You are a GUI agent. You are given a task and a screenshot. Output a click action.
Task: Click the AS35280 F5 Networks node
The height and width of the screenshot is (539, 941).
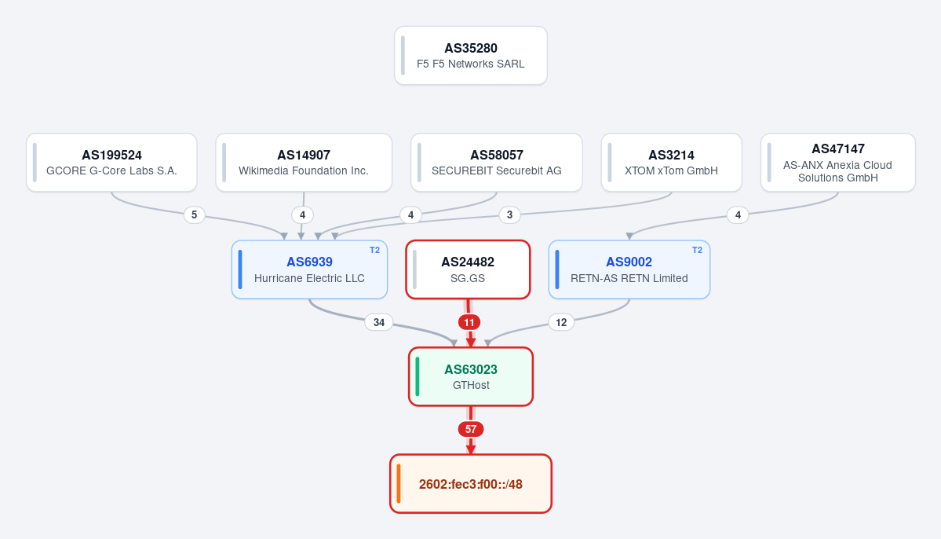471,55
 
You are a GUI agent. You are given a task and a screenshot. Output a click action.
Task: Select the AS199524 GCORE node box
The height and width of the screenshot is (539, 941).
111,162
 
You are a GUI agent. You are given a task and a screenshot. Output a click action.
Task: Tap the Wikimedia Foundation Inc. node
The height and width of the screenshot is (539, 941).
304,162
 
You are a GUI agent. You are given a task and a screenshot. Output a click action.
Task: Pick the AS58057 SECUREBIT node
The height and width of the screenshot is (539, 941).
496,162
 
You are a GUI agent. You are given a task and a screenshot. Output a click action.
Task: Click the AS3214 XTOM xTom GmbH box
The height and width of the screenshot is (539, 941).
672,162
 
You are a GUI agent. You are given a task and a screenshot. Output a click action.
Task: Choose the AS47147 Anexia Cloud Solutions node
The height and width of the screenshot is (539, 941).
837,162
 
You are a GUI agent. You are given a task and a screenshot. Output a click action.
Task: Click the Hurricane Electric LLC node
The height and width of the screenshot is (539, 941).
310,269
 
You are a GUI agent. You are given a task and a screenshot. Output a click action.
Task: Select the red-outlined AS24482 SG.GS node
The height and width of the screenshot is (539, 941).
468,269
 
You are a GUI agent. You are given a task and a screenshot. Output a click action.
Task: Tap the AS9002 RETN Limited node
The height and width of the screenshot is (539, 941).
629,269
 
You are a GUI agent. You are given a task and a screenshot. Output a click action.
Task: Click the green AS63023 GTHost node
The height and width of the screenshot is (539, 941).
471,377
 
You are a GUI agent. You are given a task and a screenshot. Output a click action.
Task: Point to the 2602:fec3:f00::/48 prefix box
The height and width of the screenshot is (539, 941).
471,484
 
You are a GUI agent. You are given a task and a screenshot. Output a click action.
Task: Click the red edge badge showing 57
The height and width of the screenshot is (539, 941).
471,429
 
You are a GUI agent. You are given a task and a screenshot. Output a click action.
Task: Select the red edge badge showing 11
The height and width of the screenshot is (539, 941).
469,322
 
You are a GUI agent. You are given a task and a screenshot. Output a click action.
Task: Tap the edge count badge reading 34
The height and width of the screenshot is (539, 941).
379,322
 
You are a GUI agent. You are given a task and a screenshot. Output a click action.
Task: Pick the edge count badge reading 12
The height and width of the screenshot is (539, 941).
561,322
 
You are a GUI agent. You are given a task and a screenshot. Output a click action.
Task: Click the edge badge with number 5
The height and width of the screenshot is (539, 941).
194,214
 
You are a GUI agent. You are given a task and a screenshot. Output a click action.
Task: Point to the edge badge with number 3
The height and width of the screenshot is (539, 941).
509,214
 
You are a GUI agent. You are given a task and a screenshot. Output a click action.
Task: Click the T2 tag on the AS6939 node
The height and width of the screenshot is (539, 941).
374,250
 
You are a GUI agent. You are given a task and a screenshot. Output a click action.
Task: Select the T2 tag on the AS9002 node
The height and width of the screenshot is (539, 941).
697,250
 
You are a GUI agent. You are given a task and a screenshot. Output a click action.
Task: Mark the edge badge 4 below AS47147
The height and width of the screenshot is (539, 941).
738,214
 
